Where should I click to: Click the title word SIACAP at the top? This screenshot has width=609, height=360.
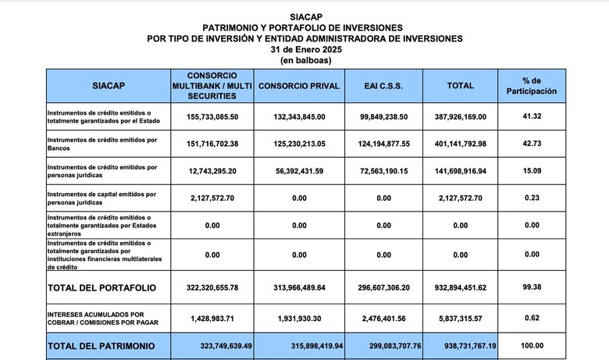tap(304, 16)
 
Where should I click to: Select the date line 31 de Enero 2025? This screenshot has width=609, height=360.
tap(304, 48)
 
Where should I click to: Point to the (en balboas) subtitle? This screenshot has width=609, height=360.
tap(304, 59)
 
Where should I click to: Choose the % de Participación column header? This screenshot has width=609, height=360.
tap(532, 85)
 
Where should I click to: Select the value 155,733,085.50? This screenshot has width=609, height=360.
tap(202, 116)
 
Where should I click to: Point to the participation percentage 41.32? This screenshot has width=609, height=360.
tap(532, 116)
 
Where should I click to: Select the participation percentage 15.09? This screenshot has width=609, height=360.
tap(532, 170)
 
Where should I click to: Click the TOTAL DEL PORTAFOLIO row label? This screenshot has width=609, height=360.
tap(101, 288)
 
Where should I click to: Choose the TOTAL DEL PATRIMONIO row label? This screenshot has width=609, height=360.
tap(101, 346)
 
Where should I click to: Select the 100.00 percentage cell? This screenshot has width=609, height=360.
tap(532, 346)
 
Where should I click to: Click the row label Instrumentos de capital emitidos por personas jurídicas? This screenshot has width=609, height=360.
tap(102, 198)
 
